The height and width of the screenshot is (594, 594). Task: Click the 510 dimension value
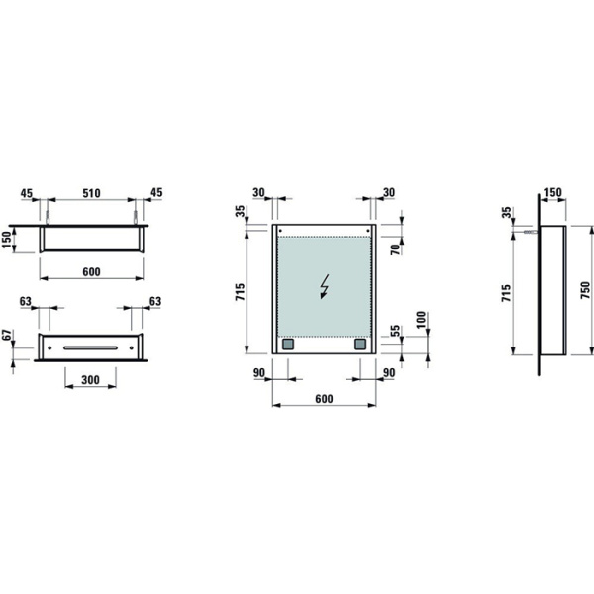coord(89,193)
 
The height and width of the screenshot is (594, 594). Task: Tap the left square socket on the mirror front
coord(288,346)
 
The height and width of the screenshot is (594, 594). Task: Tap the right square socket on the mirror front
coord(360,346)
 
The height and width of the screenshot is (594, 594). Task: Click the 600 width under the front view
coord(324,398)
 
